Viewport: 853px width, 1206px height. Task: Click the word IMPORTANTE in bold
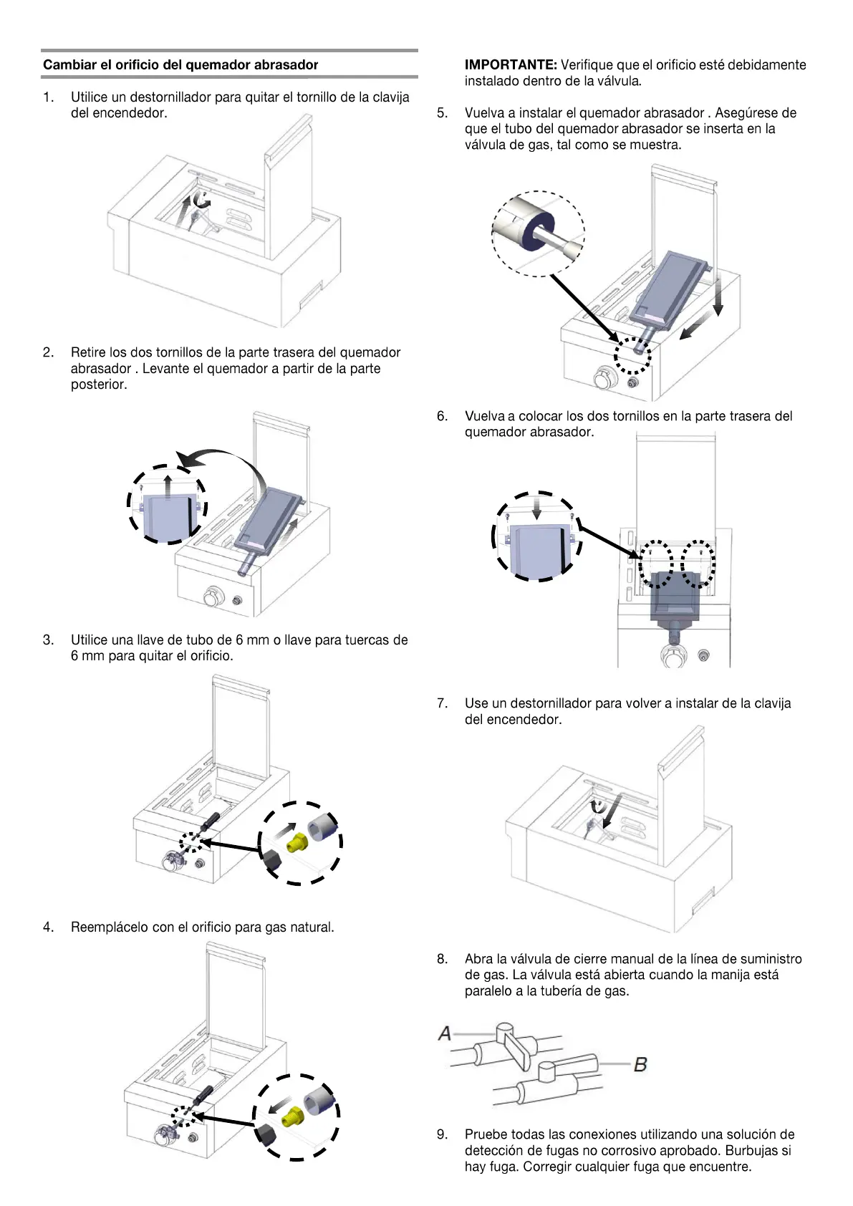(511, 65)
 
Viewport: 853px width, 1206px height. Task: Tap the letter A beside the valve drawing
(445, 1033)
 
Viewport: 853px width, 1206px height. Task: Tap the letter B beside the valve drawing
(640, 1064)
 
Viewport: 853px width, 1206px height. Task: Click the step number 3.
(48, 640)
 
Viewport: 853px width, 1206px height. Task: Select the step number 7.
(443, 703)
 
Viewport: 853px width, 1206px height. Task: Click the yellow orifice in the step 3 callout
(297, 843)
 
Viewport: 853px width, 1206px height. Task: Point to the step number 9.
(443, 1134)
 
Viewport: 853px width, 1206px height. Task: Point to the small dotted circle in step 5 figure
(633, 355)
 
